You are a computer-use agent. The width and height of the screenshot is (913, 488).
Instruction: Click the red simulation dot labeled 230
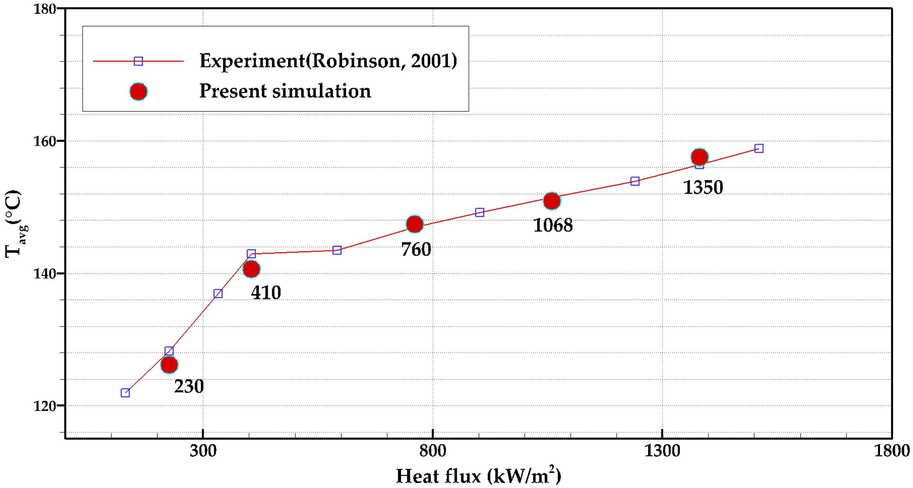[169, 365]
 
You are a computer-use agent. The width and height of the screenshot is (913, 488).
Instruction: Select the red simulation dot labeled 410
[251, 269]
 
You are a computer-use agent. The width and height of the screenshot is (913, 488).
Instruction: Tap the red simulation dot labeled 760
[415, 224]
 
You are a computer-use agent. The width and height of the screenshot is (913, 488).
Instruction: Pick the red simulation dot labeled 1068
[552, 201]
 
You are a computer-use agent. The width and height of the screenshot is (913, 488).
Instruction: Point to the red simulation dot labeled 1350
[699, 157]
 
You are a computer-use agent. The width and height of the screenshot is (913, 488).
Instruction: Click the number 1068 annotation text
[552, 225]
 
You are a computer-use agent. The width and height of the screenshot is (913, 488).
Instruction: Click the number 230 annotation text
[189, 386]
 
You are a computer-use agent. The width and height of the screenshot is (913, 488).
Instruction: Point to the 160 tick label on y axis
[45, 141]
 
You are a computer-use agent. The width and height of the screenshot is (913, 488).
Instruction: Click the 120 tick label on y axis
[45, 406]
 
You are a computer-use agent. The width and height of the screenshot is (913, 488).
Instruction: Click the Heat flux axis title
[479, 476]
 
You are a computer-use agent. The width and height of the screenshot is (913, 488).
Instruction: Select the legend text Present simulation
[285, 91]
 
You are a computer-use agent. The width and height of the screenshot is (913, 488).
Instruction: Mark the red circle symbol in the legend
[138, 92]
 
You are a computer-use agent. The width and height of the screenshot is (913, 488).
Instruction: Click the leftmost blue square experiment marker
[125, 393]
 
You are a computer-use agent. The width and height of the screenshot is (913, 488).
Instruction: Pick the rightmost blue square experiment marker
[759, 148]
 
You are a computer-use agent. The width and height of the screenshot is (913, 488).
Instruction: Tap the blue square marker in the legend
[138, 61]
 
